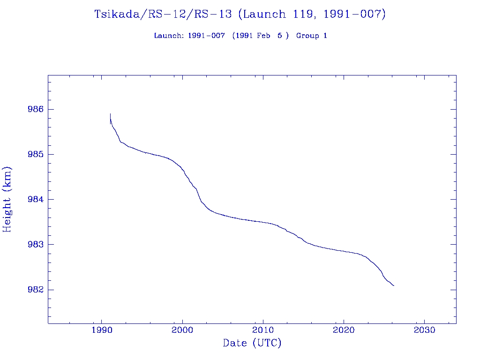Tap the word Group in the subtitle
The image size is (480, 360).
[x=307, y=36]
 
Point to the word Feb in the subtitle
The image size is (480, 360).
[x=263, y=36]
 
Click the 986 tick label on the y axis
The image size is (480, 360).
[x=35, y=109]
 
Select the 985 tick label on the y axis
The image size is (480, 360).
[x=35, y=154]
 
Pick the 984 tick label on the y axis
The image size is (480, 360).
[x=35, y=199]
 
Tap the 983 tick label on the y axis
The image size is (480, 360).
[x=35, y=245]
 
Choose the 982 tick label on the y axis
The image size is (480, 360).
[x=35, y=290]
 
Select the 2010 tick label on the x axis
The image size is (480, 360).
[x=263, y=330]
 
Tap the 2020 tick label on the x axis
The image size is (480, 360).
[x=344, y=330]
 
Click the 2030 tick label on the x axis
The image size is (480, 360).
[x=424, y=330]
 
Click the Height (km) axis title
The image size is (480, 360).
[x=7, y=199]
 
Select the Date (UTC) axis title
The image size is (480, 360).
[x=252, y=343]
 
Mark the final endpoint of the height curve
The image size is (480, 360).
[x=394, y=285]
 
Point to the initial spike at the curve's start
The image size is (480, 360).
[x=110, y=114]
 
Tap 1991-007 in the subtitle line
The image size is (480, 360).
[x=206, y=36]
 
